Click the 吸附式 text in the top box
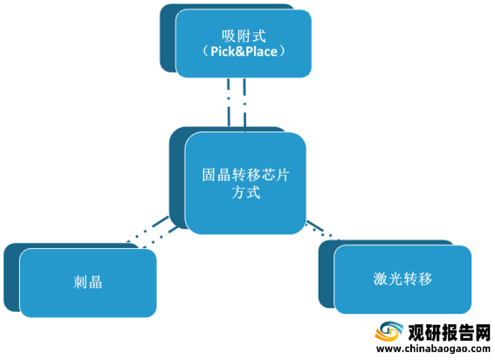pos(244,36)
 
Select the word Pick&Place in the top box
pos(244,52)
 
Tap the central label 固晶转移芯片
pos(245,175)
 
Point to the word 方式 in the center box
pos(245,192)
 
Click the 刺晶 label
pos(88,282)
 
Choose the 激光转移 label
pos(402,279)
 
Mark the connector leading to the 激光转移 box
pos(322,230)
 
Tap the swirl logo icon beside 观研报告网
pos(389,331)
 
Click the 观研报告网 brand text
pos(450,333)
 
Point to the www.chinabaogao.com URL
pos(433,349)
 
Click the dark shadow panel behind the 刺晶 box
pos(11,278)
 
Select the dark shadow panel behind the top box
pos(168,38)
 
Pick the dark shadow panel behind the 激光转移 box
pos(327,273)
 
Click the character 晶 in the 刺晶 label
pos(95,282)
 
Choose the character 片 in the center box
pos(282,175)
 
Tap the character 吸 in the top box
pos(229,36)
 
